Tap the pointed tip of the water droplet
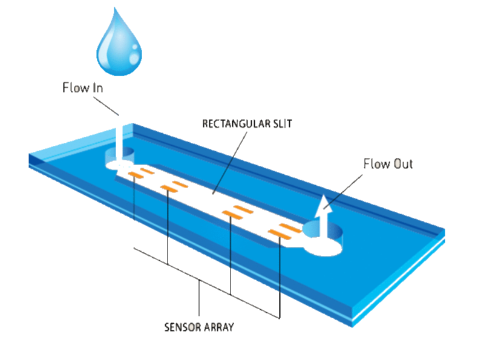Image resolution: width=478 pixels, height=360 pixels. tap(117, 8)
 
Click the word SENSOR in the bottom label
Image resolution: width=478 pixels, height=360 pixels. tap(182, 327)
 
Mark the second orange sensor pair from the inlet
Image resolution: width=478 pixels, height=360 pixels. tap(174, 186)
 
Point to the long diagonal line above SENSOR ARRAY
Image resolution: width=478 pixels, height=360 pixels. tap(206, 283)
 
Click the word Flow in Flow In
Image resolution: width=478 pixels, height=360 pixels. tap(75, 87)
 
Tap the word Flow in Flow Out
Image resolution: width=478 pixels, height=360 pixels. tap(375, 163)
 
